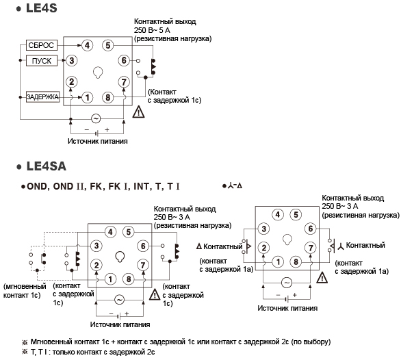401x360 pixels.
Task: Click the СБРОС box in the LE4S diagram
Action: [x=42, y=45]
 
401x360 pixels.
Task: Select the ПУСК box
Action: [x=42, y=61]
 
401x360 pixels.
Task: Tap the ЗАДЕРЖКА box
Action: [x=42, y=97]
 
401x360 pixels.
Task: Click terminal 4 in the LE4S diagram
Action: [x=87, y=46]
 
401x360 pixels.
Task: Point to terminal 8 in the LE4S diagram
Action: [x=108, y=97]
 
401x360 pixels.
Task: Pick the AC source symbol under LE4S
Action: [x=96, y=118]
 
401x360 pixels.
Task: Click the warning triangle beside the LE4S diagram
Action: [x=138, y=112]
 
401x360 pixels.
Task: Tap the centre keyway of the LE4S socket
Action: [x=98, y=73]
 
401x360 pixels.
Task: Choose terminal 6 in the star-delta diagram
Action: [x=311, y=229]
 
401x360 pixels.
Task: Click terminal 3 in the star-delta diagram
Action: [x=264, y=229]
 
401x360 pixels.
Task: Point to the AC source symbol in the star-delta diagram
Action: [x=287, y=283]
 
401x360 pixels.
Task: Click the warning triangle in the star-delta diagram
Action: [x=322, y=278]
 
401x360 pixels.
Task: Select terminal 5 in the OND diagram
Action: [x=129, y=232]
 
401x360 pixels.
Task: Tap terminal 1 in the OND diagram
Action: [x=110, y=279]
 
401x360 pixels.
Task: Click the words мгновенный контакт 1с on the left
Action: [x=24, y=291]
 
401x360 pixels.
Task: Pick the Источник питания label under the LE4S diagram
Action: [x=98, y=141]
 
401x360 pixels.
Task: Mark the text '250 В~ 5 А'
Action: [x=152, y=30]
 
